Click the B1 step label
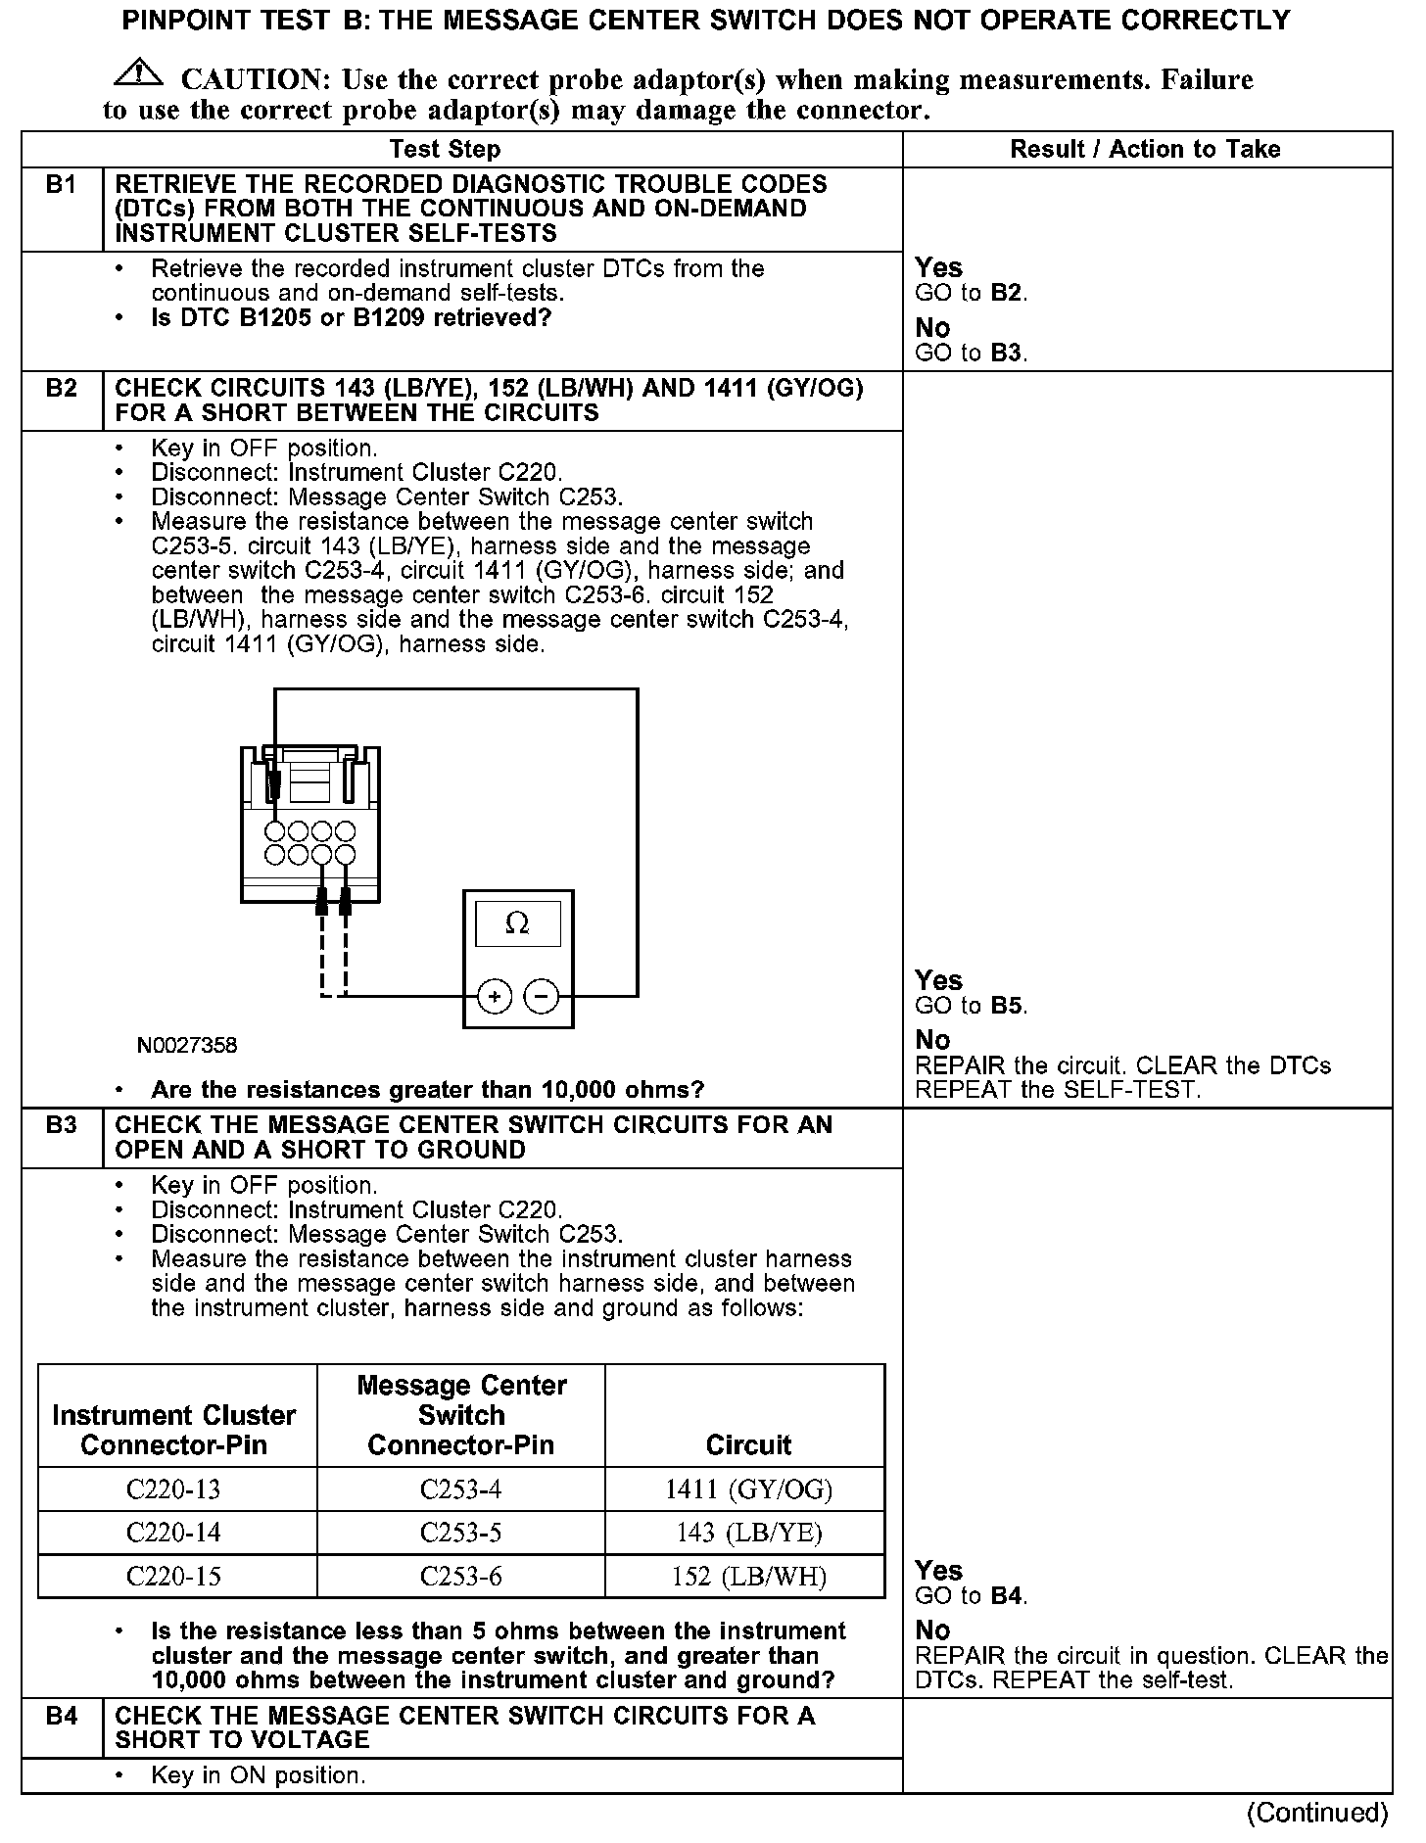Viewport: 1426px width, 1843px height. (62, 185)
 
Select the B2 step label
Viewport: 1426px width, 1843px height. (62, 389)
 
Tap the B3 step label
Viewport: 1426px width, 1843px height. (62, 1125)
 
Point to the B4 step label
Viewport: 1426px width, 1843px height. (62, 1716)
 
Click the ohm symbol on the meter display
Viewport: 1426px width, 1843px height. (517, 923)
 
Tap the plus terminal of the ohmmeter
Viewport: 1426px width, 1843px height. (495, 997)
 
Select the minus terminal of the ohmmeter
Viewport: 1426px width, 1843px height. (542, 997)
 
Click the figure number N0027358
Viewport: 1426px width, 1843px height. (186, 1045)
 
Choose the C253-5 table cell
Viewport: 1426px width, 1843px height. (460, 1533)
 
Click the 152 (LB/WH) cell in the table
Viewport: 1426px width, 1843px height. (749, 1577)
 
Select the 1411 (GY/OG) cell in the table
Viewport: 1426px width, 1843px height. (749, 1489)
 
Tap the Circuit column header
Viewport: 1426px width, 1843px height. (749, 1444)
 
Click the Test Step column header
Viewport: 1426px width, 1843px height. (445, 149)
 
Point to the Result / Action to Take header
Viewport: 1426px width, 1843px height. (1145, 149)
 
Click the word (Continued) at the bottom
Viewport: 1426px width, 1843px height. (1317, 1813)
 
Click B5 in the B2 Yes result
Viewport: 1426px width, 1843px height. (1008, 1006)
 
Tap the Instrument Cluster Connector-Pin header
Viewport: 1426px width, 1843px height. (174, 1430)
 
